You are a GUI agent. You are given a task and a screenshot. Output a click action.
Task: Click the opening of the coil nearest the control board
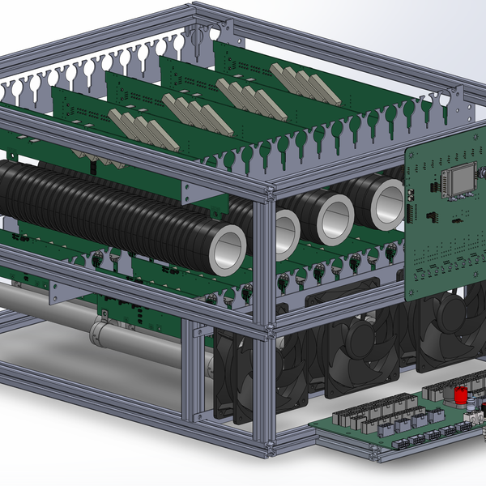pos(386,202)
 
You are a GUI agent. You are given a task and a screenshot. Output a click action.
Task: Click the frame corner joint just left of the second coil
pos(265,194)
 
